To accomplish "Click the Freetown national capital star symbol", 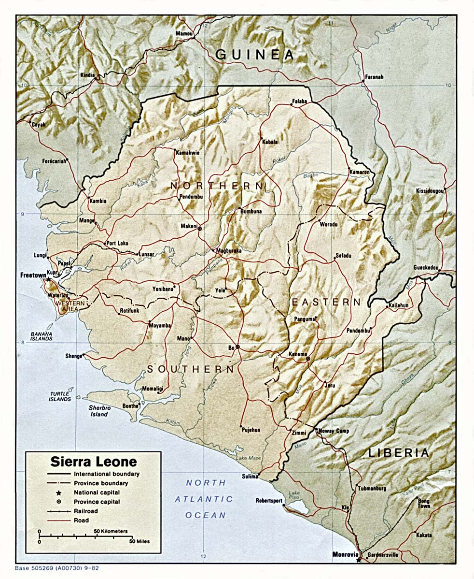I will tap(48, 279).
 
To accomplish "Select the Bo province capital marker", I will tap(237, 347).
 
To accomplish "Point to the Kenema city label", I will tap(297, 354).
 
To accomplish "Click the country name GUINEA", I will tap(254, 55).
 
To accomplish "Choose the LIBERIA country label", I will tap(398, 453).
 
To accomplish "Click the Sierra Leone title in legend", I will tap(94, 461).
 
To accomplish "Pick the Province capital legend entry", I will tap(97, 502).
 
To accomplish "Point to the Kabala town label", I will tap(270, 142).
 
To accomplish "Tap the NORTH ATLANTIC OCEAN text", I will tap(206, 499).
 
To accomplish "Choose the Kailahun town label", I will tap(398, 306).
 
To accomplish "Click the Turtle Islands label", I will tap(60, 397).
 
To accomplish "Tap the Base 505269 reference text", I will tap(57, 568).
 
